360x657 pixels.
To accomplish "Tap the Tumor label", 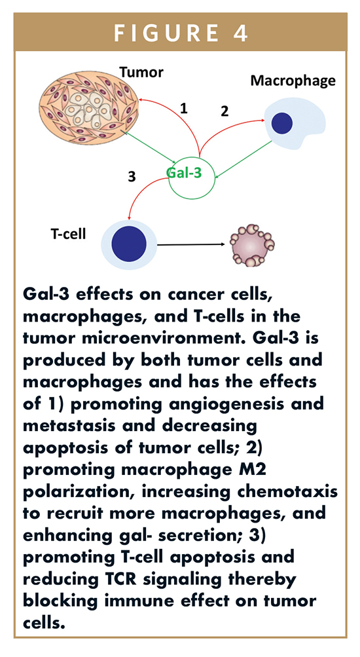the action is coord(141,73).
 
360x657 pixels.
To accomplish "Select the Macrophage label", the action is coord(293,81).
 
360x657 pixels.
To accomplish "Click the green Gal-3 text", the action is coord(184,172).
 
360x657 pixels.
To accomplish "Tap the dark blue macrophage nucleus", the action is coord(281,124).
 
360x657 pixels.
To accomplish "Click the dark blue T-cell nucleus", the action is coord(129,244).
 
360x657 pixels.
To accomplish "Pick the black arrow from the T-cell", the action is coord(192,244).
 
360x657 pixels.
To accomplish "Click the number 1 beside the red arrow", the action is coord(183,109).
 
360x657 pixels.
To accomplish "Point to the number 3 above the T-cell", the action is coord(132,177).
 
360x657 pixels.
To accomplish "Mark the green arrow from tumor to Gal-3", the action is coord(149,147).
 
